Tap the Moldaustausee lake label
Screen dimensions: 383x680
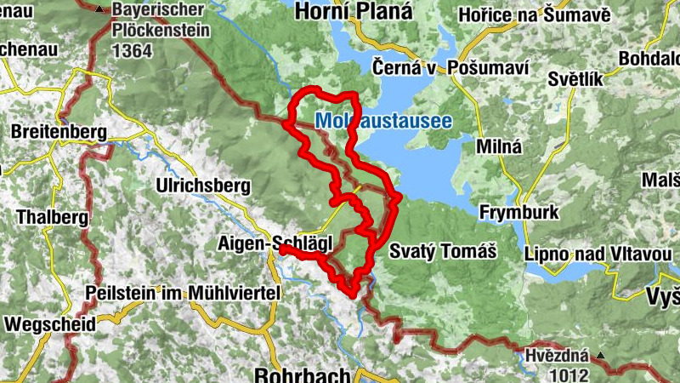383,122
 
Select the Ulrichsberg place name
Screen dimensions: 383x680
203,185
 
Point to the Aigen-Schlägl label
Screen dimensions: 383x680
275,244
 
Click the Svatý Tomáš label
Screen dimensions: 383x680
442,251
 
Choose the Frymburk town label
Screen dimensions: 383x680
518,212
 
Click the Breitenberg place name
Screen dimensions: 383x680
59,133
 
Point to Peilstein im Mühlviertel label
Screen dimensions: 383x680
183,293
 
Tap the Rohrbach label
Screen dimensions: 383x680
303,374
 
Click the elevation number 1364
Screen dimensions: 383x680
131,51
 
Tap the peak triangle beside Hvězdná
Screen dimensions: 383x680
601,355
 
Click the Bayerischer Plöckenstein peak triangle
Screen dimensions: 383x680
99,11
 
